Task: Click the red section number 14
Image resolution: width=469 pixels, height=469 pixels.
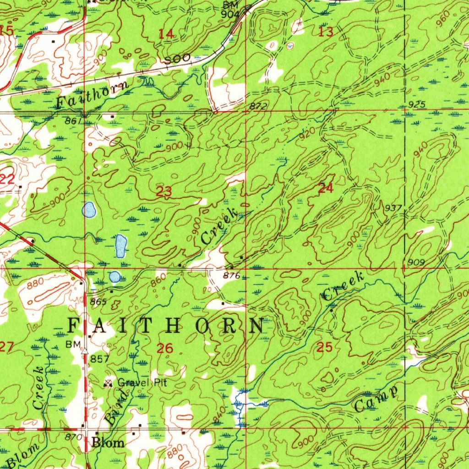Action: [x=166, y=33]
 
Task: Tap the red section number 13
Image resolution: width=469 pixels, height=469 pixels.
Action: [x=326, y=32]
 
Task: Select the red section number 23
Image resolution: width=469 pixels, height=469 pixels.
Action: [x=164, y=192]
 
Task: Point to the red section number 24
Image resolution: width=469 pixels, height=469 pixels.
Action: [x=325, y=188]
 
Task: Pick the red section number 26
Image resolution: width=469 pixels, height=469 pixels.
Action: [x=165, y=349]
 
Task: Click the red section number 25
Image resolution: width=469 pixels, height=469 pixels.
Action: [x=324, y=348]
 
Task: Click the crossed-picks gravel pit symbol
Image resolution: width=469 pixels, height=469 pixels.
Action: [x=109, y=383]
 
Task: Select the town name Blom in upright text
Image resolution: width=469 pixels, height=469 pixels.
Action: [x=108, y=442]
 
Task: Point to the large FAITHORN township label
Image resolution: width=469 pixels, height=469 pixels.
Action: [x=166, y=326]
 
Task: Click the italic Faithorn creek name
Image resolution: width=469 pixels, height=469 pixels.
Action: [x=92, y=94]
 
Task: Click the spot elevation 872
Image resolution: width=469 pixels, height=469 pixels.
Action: [x=258, y=106]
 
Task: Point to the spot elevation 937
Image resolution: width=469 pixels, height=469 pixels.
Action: [x=393, y=208]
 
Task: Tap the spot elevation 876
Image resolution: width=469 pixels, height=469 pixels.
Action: [x=231, y=276]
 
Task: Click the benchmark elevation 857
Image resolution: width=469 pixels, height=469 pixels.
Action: [x=100, y=359]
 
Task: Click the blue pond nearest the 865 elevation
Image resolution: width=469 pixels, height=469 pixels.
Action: [x=115, y=276]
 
